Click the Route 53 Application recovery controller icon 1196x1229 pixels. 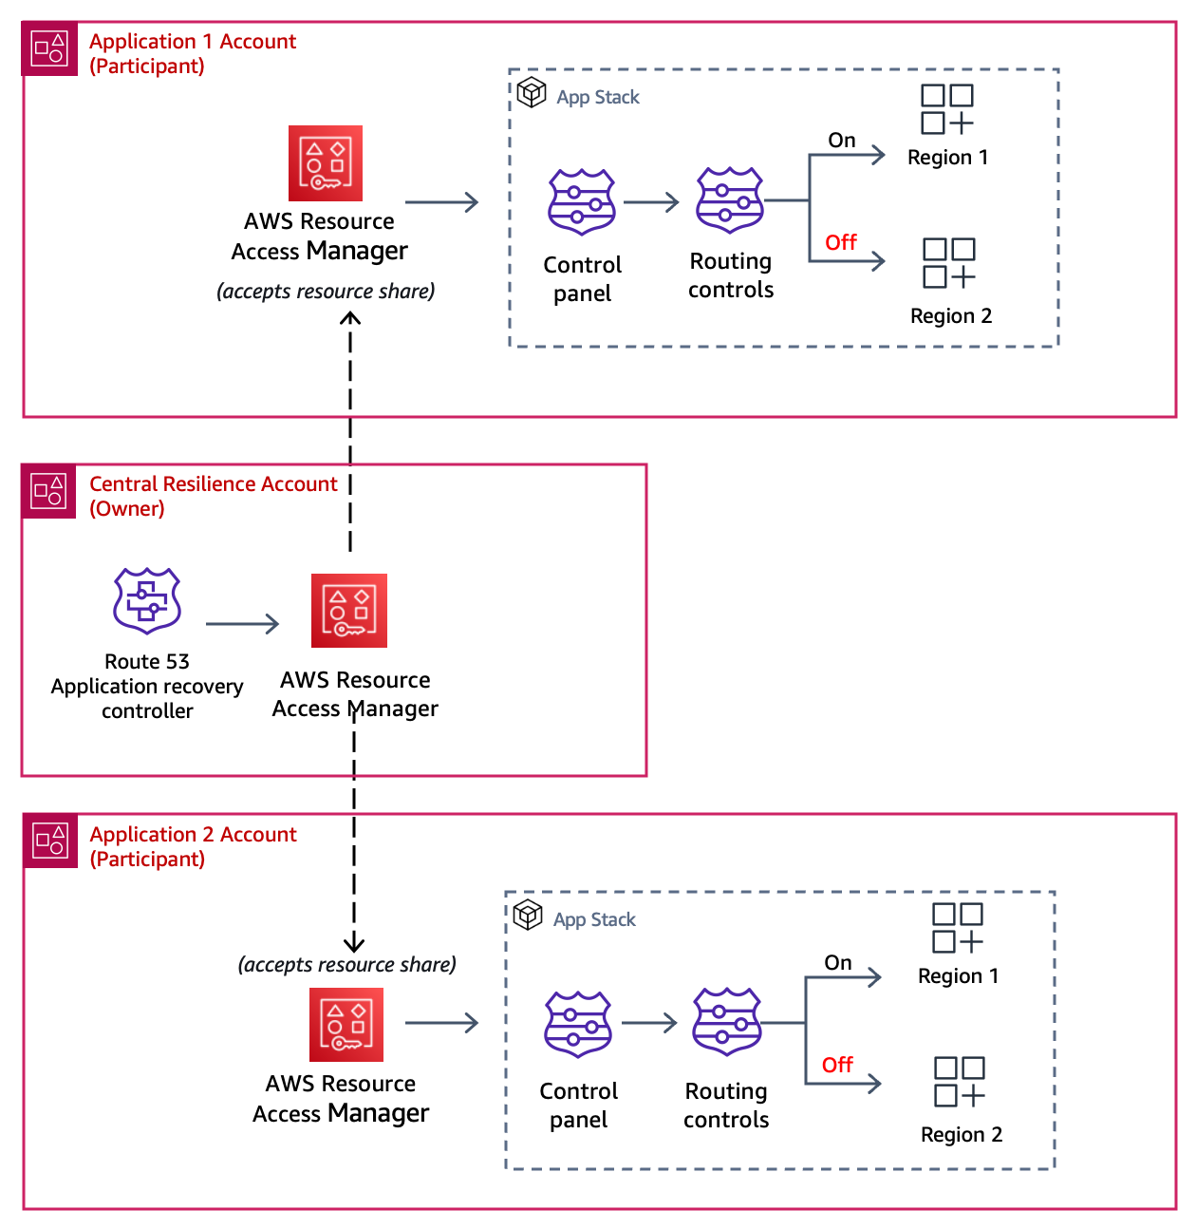pyautogui.click(x=147, y=600)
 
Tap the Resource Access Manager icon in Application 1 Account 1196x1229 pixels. pyautogui.click(x=326, y=163)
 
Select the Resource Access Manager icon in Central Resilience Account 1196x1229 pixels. pyautogui.click(x=349, y=611)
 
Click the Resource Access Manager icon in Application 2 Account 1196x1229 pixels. pyautogui.click(x=346, y=1025)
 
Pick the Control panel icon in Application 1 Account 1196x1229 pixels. pyautogui.click(x=582, y=202)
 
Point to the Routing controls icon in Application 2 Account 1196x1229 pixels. pyautogui.click(x=727, y=1022)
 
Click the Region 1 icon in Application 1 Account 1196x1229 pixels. pyautogui.click(x=947, y=109)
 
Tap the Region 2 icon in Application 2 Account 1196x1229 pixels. pyautogui.click(x=960, y=1082)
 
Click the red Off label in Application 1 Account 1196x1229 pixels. pyautogui.click(x=841, y=242)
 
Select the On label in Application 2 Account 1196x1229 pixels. pyautogui.click(x=838, y=962)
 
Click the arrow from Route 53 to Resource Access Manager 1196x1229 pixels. pyautogui.click(x=243, y=624)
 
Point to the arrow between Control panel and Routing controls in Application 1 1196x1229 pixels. pyautogui.click(x=652, y=202)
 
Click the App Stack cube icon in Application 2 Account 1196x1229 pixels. pyautogui.click(x=528, y=916)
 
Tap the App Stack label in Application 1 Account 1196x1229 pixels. pyautogui.click(x=598, y=97)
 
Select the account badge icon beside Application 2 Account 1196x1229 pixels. pyautogui.click(x=50, y=841)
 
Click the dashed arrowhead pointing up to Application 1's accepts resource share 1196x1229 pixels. pyautogui.click(x=350, y=320)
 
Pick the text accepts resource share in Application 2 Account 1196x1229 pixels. pyautogui.click(x=347, y=965)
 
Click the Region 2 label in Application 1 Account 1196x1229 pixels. pyautogui.click(x=951, y=316)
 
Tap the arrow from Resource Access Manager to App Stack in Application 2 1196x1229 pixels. pyautogui.click(x=442, y=1023)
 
